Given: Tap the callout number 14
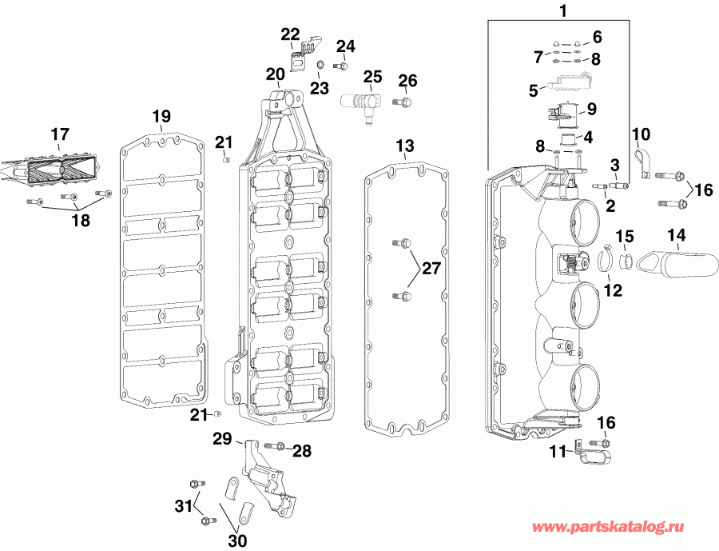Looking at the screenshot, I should click(x=677, y=236).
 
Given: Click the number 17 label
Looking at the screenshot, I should click(x=60, y=134).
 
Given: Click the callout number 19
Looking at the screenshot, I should click(x=161, y=116).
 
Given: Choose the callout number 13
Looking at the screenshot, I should click(x=405, y=146).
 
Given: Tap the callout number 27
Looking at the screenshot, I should click(x=431, y=269).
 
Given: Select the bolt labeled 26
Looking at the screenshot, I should click(x=403, y=104).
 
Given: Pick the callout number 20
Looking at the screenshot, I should click(x=275, y=74).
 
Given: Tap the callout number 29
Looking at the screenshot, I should click(x=221, y=437).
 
